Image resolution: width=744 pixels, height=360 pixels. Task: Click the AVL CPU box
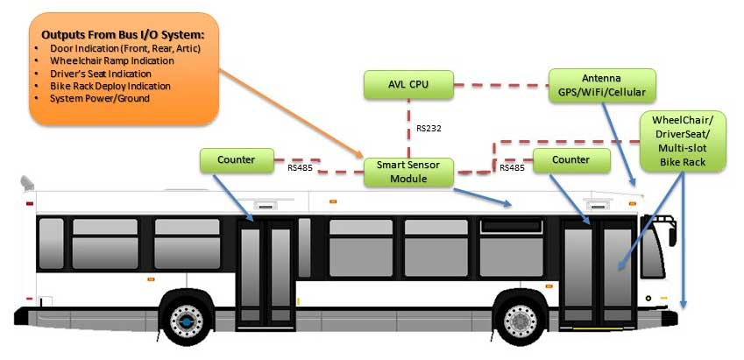click(408, 85)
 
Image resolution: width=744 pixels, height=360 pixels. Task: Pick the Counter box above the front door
click(571, 160)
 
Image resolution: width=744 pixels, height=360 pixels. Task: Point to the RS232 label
click(429, 128)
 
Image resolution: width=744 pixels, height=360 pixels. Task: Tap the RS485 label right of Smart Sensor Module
click(512, 166)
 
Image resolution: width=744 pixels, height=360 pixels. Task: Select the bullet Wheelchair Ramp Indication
click(109, 60)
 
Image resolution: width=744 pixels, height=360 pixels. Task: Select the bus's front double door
click(599, 272)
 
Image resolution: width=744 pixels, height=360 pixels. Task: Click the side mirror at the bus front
click(672, 236)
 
